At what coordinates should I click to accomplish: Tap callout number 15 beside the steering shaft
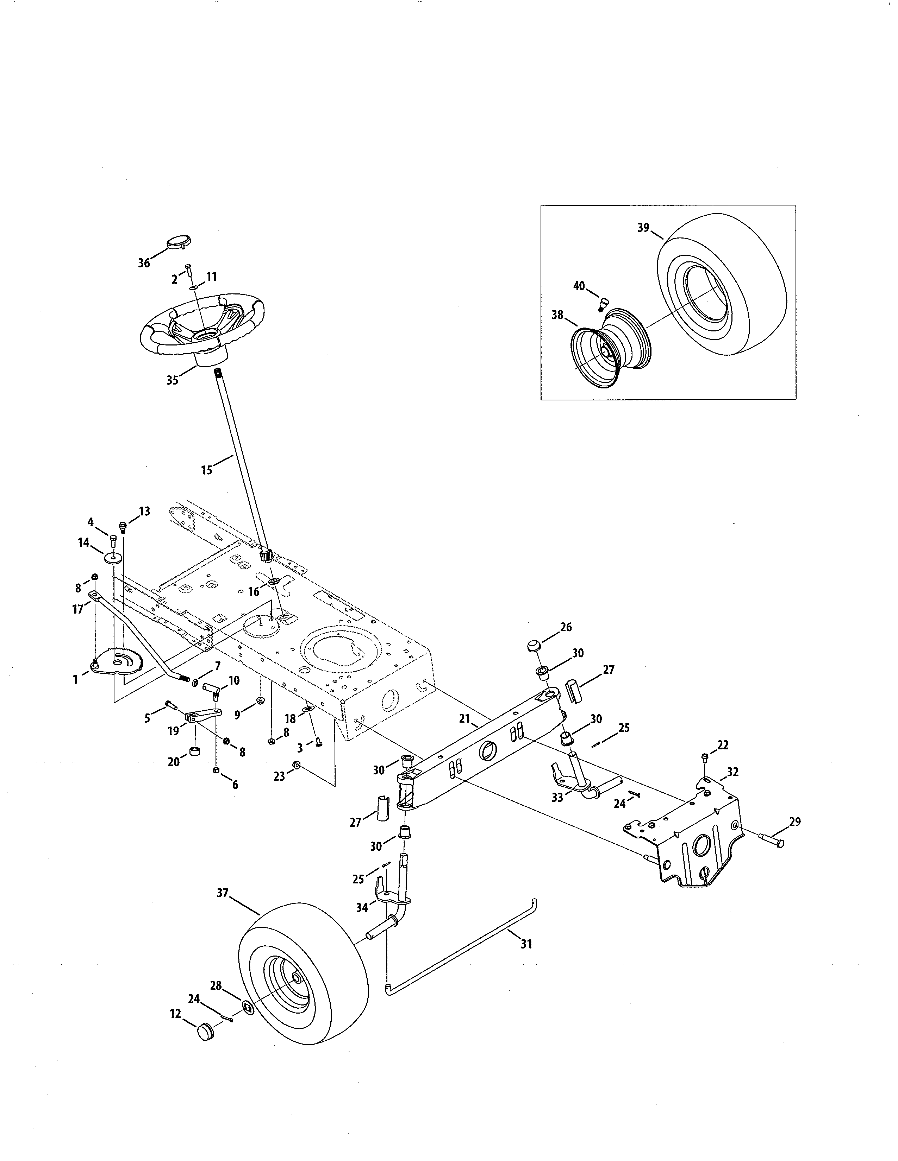(x=206, y=470)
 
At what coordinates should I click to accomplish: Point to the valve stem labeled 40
(x=603, y=304)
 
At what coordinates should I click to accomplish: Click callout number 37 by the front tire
(x=222, y=893)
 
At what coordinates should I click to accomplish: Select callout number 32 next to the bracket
(x=732, y=772)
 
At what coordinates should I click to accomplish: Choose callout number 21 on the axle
(x=465, y=719)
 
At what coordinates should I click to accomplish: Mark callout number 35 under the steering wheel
(x=172, y=381)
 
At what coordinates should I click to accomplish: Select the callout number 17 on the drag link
(x=78, y=610)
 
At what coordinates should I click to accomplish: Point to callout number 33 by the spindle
(x=557, y=797)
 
